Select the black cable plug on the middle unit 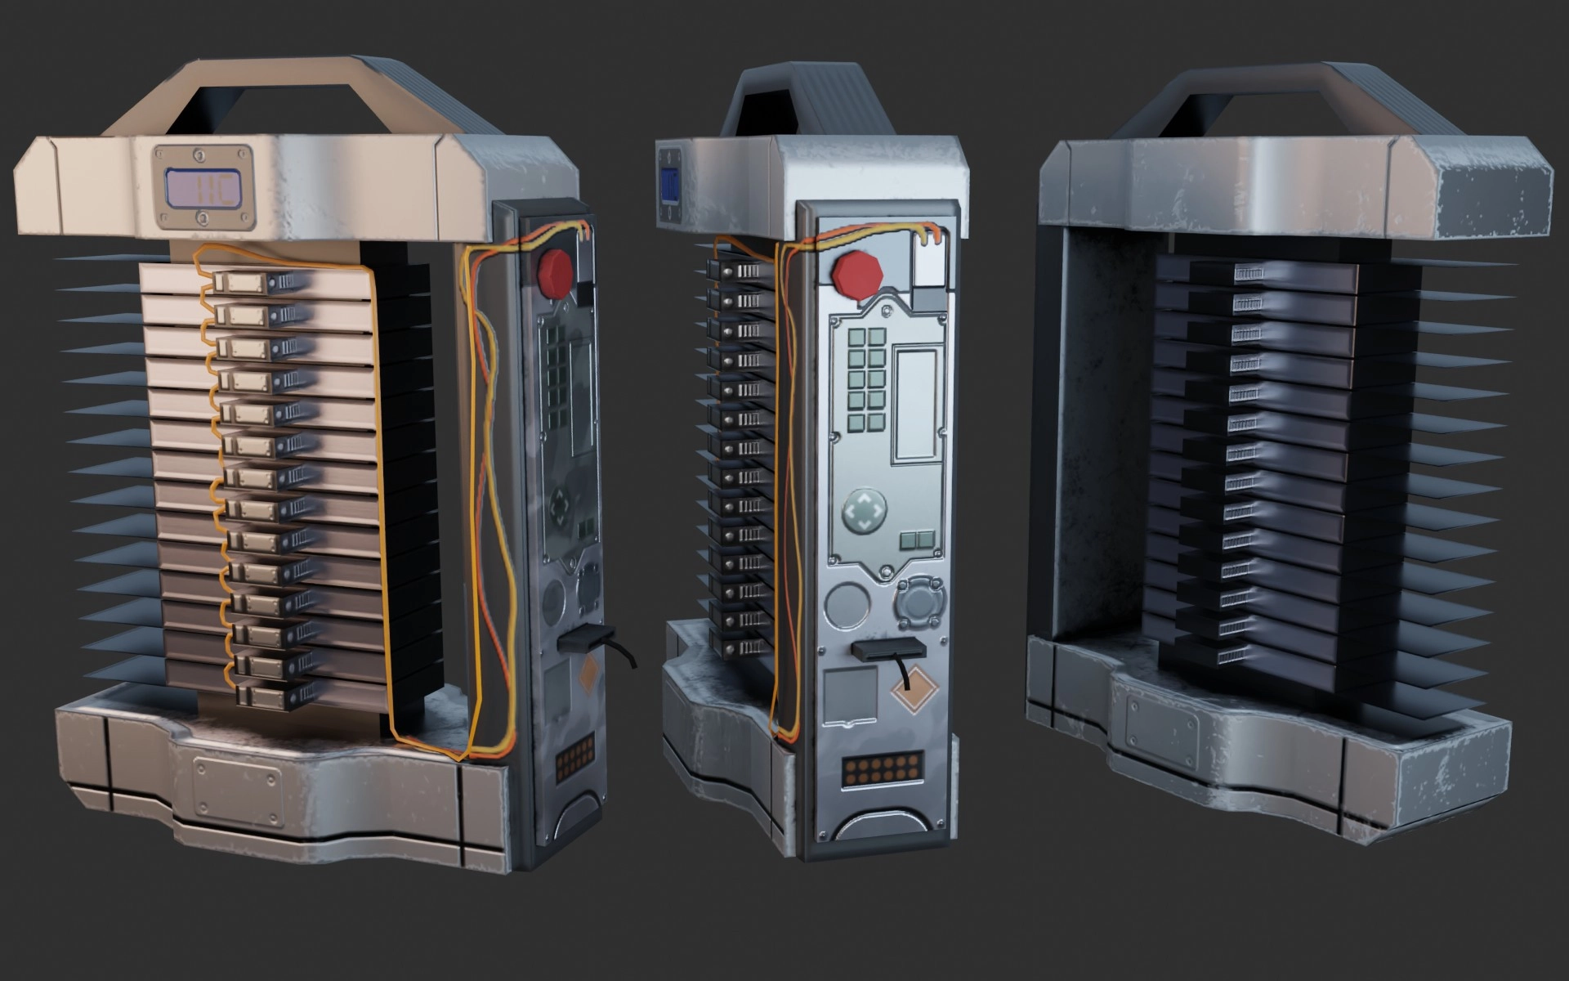click(883, 651)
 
